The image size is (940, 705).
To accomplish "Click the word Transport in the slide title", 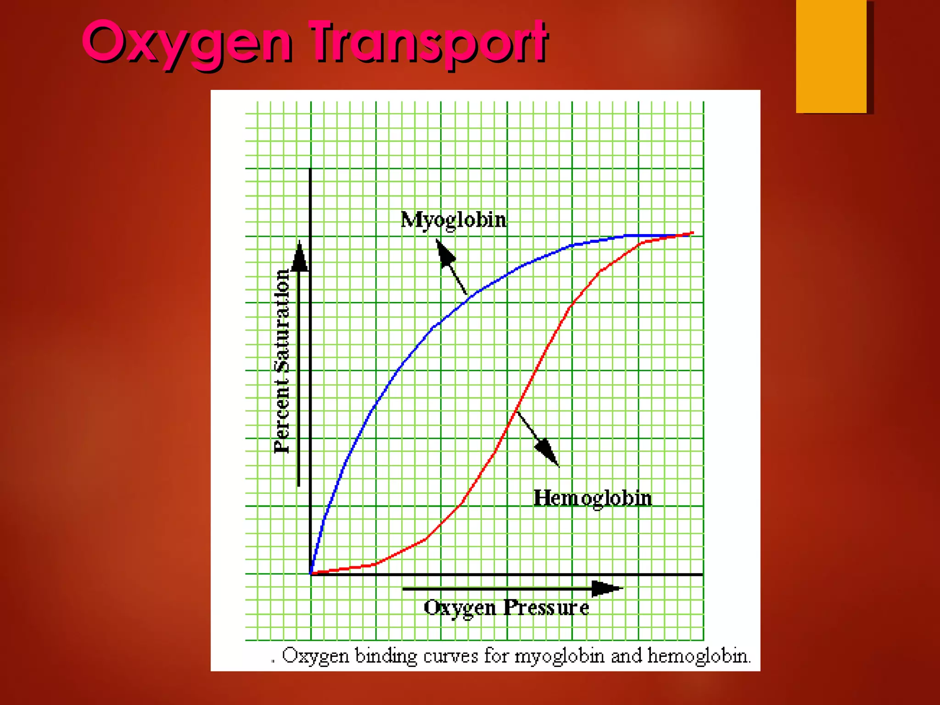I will pos(429,43).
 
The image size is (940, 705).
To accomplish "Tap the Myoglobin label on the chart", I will pos(453,220).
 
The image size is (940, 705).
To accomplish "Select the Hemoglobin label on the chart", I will pos(593,498).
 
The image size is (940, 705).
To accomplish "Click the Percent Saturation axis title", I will pos(282,361).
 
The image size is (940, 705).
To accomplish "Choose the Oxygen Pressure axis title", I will pos(506,608).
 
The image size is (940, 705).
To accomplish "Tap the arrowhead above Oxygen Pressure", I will pos(606,588).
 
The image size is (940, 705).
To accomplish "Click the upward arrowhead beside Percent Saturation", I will pos(300,257).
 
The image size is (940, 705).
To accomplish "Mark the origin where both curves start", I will pos(311,574).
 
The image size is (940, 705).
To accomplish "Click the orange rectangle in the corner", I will pos(831,56).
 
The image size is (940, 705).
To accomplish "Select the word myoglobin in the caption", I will pos(559,656).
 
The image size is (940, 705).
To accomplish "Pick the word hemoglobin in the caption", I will pos(698,656).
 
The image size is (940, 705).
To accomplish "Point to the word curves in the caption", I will pos(450,656).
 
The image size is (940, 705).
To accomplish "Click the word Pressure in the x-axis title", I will pos(546,608).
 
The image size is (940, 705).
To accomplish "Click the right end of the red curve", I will pos(692,233).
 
